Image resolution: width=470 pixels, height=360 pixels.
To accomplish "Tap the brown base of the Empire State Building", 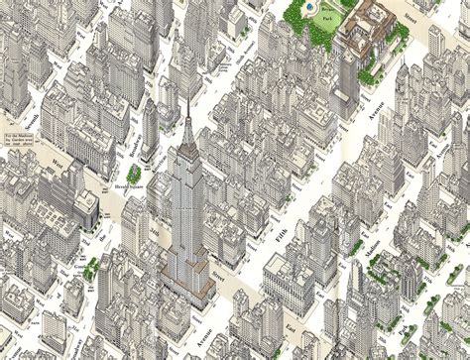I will coord(197,264).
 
